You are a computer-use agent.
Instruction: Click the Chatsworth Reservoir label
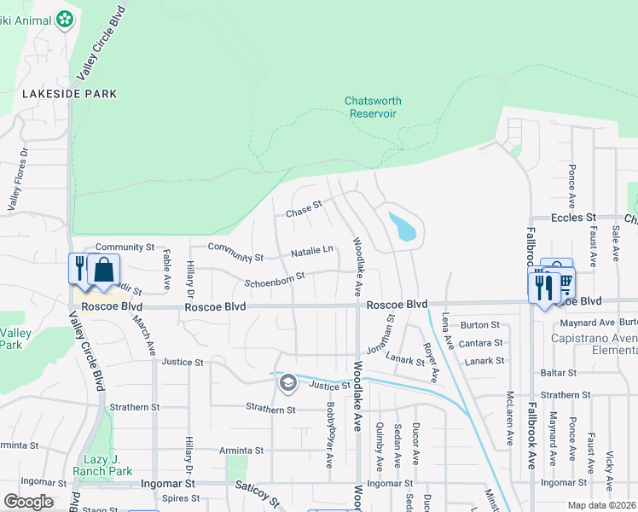point(373,107)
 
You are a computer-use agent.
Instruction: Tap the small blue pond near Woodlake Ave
point(403,227)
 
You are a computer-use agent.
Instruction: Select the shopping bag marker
point(103,270)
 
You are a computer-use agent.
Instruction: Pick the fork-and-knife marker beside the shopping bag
point(79,267)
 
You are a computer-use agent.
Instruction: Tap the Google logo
point(28,502)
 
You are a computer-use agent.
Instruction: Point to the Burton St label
point(480,325)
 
